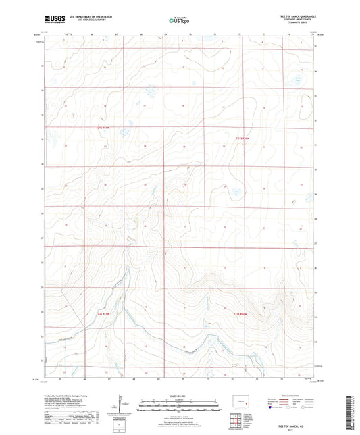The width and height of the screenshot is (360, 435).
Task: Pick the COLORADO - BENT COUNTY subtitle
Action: click(x=298, y=21)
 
